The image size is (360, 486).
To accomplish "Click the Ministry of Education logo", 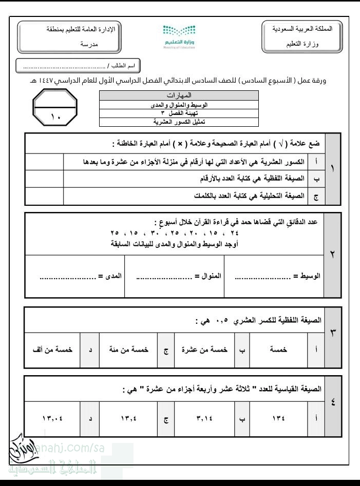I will coord(179,34).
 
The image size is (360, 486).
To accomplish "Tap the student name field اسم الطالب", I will coord(78,66).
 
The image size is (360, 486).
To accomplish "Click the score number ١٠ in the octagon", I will coord(55,117).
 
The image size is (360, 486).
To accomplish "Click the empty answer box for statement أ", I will coord(44,162).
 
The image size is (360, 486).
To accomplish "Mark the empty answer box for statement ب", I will coord(44,179).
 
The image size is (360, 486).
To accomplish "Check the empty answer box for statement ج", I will coord(44,196).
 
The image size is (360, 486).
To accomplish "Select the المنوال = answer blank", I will coord(164,276).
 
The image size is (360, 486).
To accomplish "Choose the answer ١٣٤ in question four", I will coord(277,418).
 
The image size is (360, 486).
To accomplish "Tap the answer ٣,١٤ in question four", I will coord(204,418).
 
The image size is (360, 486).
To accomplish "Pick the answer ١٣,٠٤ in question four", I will coord(53,418).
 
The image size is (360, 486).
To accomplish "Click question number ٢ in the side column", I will coord(332,255).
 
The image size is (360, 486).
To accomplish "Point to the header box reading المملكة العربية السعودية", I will coord(302,36).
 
